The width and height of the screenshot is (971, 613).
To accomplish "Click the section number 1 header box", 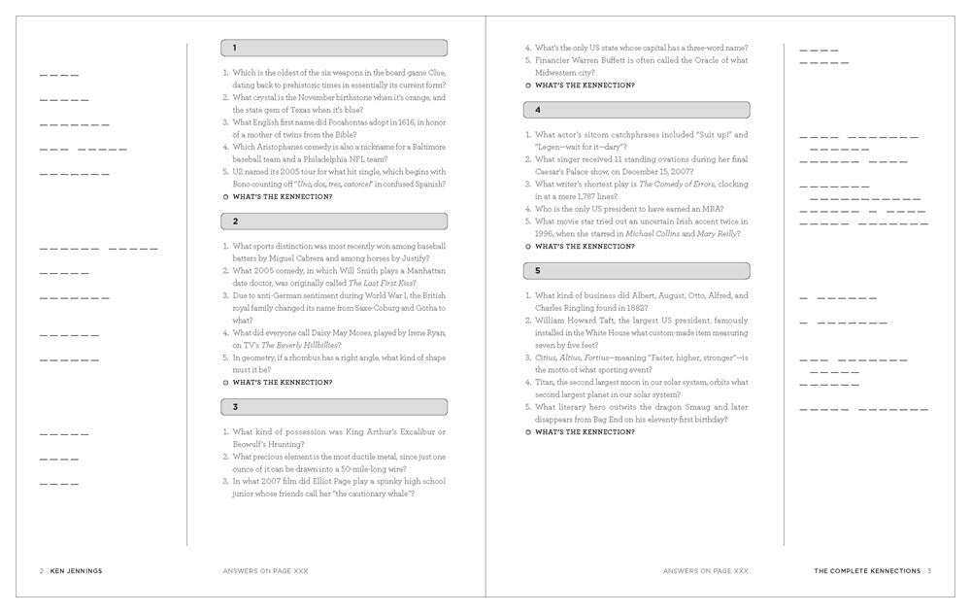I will pos(334,47).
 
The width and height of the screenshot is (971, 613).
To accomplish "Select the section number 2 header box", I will pos(334,221).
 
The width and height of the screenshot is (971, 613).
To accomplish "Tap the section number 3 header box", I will pos(334,406).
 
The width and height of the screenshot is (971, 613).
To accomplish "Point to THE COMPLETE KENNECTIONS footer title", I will pos(867,571).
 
